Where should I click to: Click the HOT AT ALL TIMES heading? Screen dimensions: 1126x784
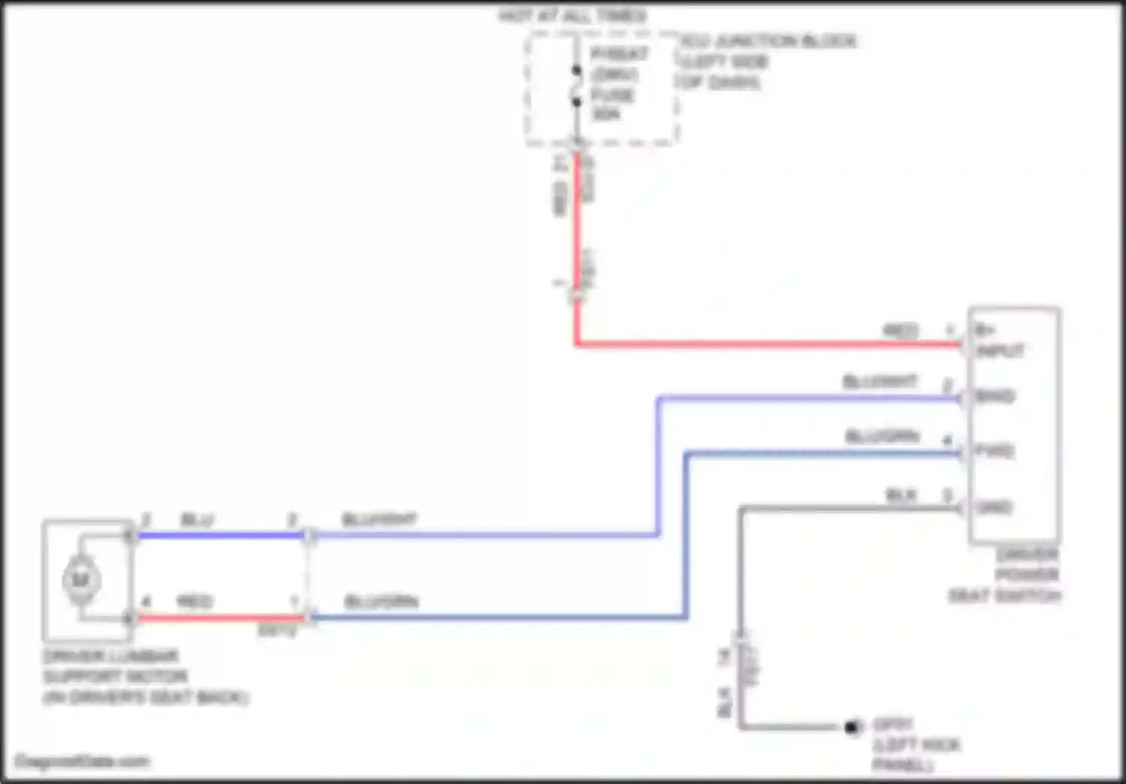(573, 16)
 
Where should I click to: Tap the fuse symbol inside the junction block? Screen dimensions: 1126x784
(577, 86)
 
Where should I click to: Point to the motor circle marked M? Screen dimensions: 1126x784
(80, 580)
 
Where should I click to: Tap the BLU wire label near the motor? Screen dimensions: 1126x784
(197, 520)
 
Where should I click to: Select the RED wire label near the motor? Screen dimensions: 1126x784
(194, 602)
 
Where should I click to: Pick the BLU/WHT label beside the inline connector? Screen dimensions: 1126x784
(379, 520)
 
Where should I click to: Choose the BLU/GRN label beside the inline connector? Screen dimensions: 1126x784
(381, 602)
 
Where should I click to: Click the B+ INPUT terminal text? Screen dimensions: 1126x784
(998, 340)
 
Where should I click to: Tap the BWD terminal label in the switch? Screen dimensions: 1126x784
(995, 396)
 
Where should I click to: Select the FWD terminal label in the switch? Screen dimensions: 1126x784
(994, 451)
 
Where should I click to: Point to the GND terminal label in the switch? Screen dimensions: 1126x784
(993, 508)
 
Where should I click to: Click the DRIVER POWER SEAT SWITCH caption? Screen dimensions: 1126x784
(1006, 575)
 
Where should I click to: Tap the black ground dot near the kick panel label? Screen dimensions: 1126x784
(852, 727)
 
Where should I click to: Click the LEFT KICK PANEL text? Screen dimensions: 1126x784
(916, 754)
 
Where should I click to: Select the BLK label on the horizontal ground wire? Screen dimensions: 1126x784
(901, 495)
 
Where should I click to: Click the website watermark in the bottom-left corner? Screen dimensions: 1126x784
(82, 761)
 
